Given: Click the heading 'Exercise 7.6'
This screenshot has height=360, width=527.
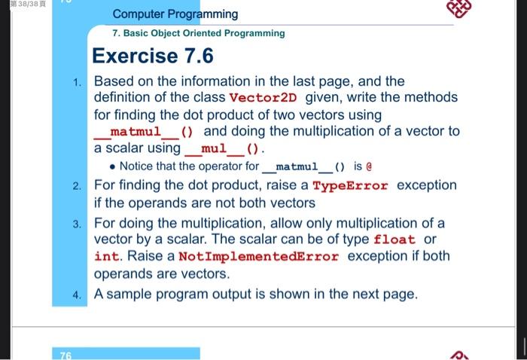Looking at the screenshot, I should tap(153, 56).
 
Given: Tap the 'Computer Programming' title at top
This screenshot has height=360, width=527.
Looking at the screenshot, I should tap(175, 14).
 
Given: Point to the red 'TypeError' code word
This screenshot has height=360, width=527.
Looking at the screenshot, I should tap(350, 185).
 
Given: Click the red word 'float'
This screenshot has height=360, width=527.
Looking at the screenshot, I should tap(394, 239).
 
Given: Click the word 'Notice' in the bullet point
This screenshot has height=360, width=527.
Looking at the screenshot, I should tap(136, 166).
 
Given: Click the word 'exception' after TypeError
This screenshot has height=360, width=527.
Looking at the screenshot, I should tap(426, 185).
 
